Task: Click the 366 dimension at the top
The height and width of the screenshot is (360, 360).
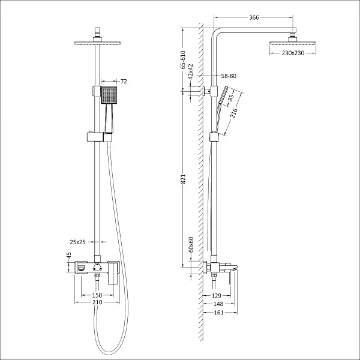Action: click(254, 18)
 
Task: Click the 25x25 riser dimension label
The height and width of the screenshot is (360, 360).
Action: click(78, 242)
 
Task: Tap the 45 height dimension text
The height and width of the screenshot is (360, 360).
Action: click(68, 256)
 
